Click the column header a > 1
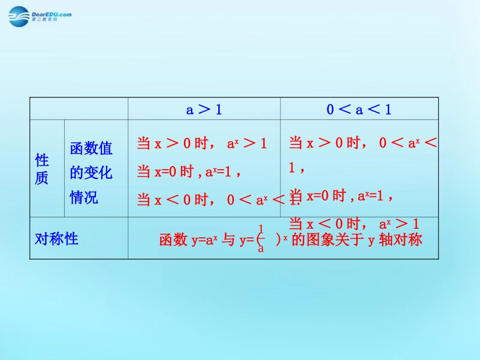click(204, 109)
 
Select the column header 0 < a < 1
click(359, 109)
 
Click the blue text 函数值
click(91, 148)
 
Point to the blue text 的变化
click(91, 173)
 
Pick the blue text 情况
click(84, 197)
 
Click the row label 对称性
click(57, 238)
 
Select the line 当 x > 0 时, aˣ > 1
click(202, 143)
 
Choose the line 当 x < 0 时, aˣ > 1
click(354, 224)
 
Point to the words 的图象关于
click(328, 240)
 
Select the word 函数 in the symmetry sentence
click(173, 240)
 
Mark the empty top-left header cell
click(79, 109)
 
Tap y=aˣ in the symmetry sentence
click(204, 240)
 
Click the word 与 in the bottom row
click(229, 240)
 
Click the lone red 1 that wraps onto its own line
click(292, 169)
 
